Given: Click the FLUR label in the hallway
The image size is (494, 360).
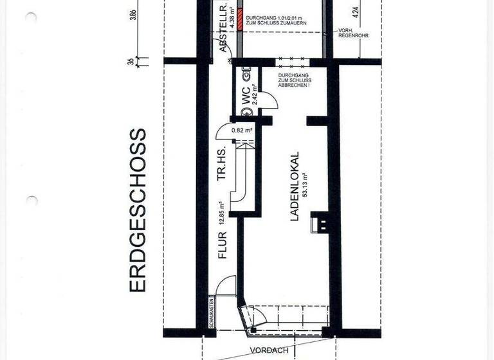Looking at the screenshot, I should click(223, 245).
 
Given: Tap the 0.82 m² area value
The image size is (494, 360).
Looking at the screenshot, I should click(242, 130).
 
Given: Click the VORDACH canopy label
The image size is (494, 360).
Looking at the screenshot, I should click(270, 351).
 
